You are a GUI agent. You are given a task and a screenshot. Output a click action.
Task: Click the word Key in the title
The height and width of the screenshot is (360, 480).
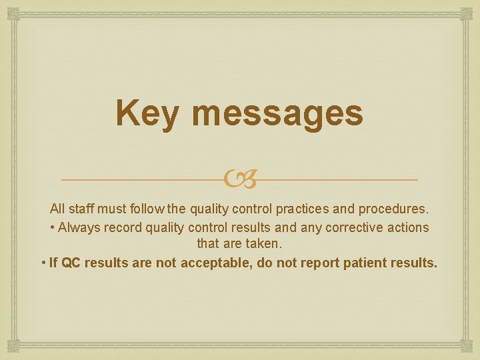pyautogui.click(x=147, y=113)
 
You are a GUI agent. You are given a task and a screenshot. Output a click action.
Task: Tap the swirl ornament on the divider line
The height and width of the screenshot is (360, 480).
pyautogui.click(x=239, y=179)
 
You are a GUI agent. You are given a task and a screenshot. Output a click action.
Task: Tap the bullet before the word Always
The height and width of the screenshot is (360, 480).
pyautogui.click(x=52, y=227)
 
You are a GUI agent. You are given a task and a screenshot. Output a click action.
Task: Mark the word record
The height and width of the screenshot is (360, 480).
pyautogui.click(x=122, y=227)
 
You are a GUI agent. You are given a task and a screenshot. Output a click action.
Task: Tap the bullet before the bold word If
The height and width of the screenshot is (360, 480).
pyautogui.click(x=43, y=263)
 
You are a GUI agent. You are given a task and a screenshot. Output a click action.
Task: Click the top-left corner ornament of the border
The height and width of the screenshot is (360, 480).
pyautogui.click(x=13, y=13)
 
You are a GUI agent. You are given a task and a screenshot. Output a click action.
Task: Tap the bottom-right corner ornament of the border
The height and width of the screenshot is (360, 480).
pyautogui.click(x=466, y=346)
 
